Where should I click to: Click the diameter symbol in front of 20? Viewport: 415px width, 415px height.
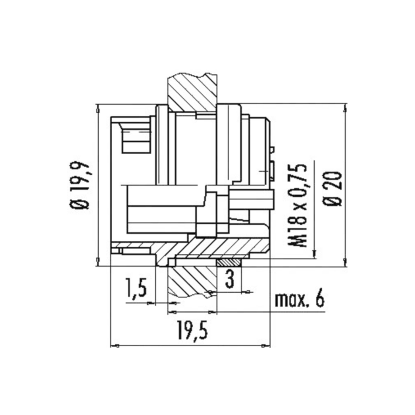point(333,200)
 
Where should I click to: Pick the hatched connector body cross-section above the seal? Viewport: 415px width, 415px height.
point(216,248)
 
